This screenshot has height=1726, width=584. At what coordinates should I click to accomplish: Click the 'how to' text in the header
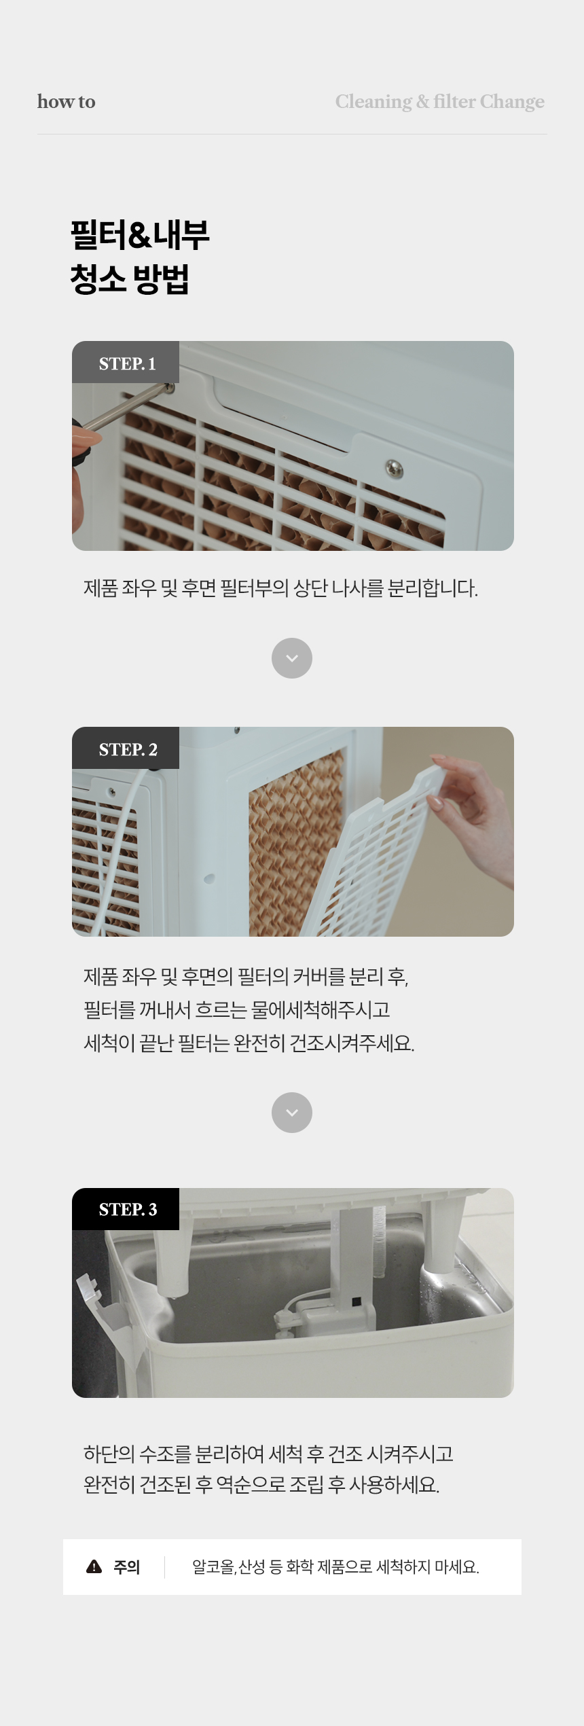click(66, 102)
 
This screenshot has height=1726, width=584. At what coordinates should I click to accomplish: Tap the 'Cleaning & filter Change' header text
click(439, 102)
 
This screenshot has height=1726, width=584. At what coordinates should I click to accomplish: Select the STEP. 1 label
click(127, 363)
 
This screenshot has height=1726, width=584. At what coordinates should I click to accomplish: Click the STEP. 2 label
click(128, 749)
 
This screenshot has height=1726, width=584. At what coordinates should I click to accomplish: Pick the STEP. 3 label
click(128, 1209)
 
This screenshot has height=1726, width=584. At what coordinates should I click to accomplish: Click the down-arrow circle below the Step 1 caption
click(292, 658)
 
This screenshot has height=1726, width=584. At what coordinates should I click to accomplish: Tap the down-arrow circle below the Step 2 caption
click(292, 1113)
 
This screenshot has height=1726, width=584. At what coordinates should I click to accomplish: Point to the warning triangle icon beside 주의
click(94, 1566)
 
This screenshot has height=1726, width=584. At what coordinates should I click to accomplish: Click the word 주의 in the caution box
click(127, 1567)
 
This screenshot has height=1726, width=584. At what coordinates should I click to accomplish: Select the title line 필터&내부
click(140, 234)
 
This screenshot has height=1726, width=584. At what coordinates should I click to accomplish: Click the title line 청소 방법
click(129, 279)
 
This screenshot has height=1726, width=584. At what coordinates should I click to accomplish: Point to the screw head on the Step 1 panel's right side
click(394, 468)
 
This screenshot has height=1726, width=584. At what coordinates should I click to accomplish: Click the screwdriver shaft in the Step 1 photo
click(126, 408)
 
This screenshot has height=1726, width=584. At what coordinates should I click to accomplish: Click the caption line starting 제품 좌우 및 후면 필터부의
click(280, 588)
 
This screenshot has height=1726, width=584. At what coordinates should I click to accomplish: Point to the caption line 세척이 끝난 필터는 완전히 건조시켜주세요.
click(249, 1043)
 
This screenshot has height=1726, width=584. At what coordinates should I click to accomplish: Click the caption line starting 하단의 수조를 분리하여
click(268, 1454)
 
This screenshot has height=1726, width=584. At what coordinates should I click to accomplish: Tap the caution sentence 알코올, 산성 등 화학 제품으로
click(335, 1567)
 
